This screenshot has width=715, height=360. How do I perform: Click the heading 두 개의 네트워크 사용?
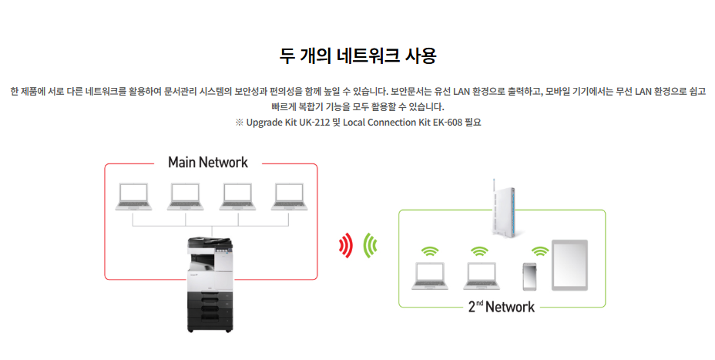click(x=357, y=56)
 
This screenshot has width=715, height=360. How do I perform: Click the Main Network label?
click(x=208, y=163)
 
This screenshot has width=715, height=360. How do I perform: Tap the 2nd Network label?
click(x=501, y=307)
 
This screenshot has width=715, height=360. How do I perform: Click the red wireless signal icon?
click(x=346, y=246)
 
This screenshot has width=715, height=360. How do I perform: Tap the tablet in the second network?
click(x=569, y=264)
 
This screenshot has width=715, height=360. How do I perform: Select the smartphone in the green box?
click(x=529, y=276)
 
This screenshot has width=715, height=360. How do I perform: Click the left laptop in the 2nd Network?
click(x=429, y=275)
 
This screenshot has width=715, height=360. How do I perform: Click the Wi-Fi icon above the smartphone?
click(x=540, y=251)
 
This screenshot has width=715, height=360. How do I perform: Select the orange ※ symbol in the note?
click(x=239, y=122)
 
